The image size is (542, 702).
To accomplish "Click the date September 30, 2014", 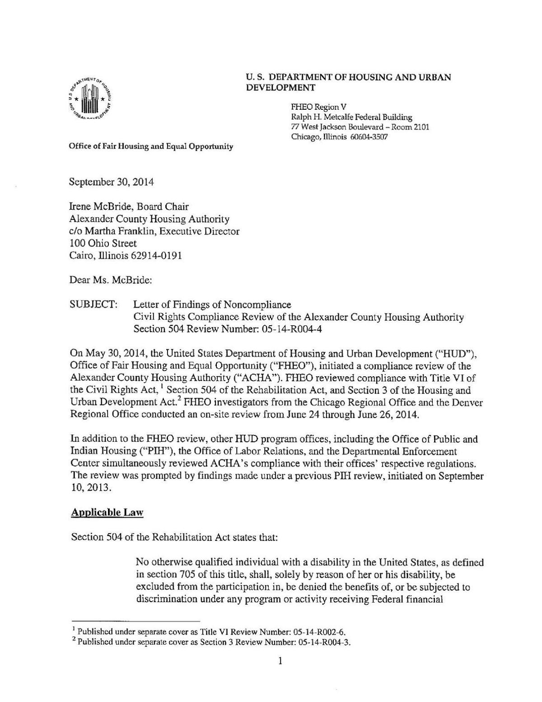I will (111, 183).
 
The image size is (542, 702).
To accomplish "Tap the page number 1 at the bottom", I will (280, 661).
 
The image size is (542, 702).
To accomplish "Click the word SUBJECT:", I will (93, 305).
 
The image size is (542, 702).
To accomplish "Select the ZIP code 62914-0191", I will (157, 256).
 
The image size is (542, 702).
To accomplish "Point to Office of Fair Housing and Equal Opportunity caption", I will (151, 146).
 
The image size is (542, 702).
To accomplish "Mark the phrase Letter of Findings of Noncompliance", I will (212, 305).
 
